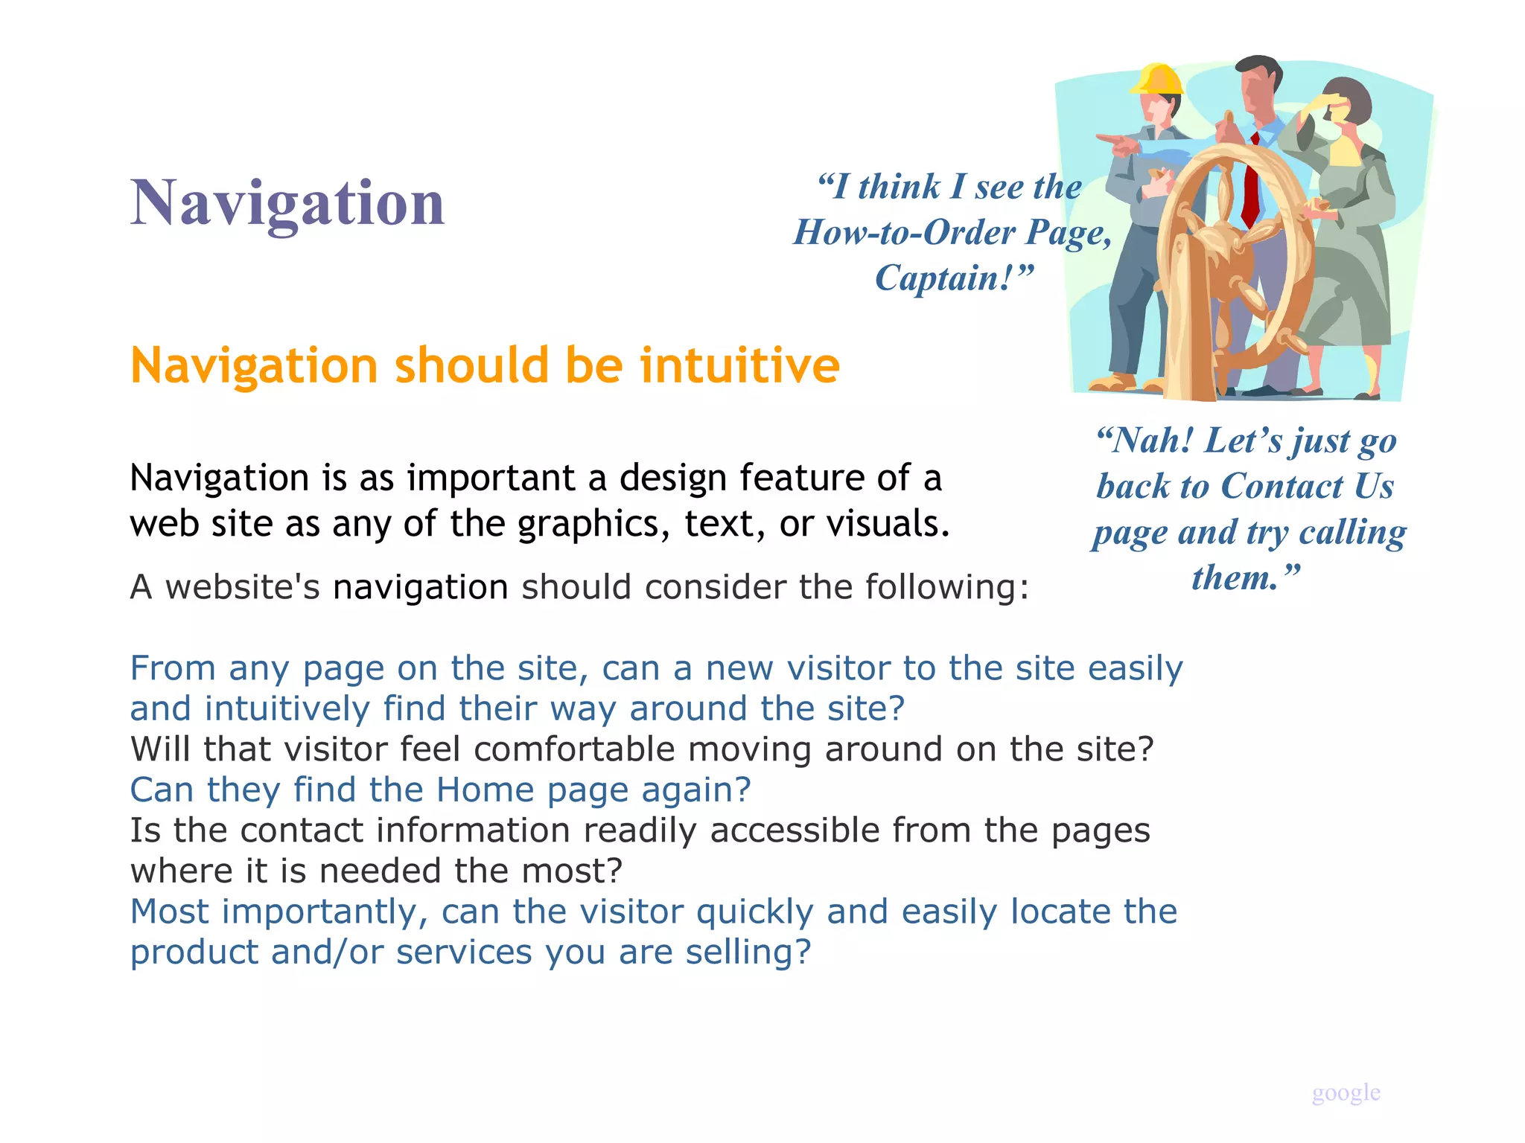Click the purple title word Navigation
(287, 202)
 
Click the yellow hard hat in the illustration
(1156, 80)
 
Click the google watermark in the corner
(1346, 1092)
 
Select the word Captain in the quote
(943, 278)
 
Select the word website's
(242, 587)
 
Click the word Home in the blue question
(485, 790)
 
